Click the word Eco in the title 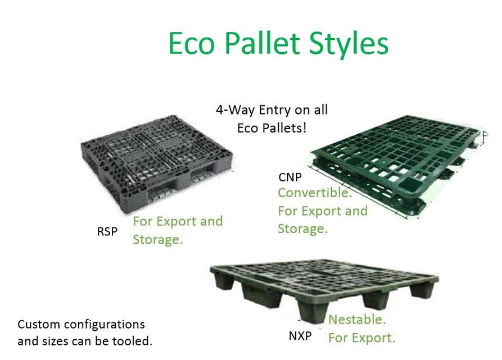(x=191, y=43)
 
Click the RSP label (x=107, y=231)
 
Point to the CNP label (x=290, y=177)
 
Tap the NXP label (x=300, y=336)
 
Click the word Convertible (x=315, y=193)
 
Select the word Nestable (x=357, y=320)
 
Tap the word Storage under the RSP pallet (x=157, y=240)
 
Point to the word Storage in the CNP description (x=302, y=229)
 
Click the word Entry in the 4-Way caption (x=275, y=110)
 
